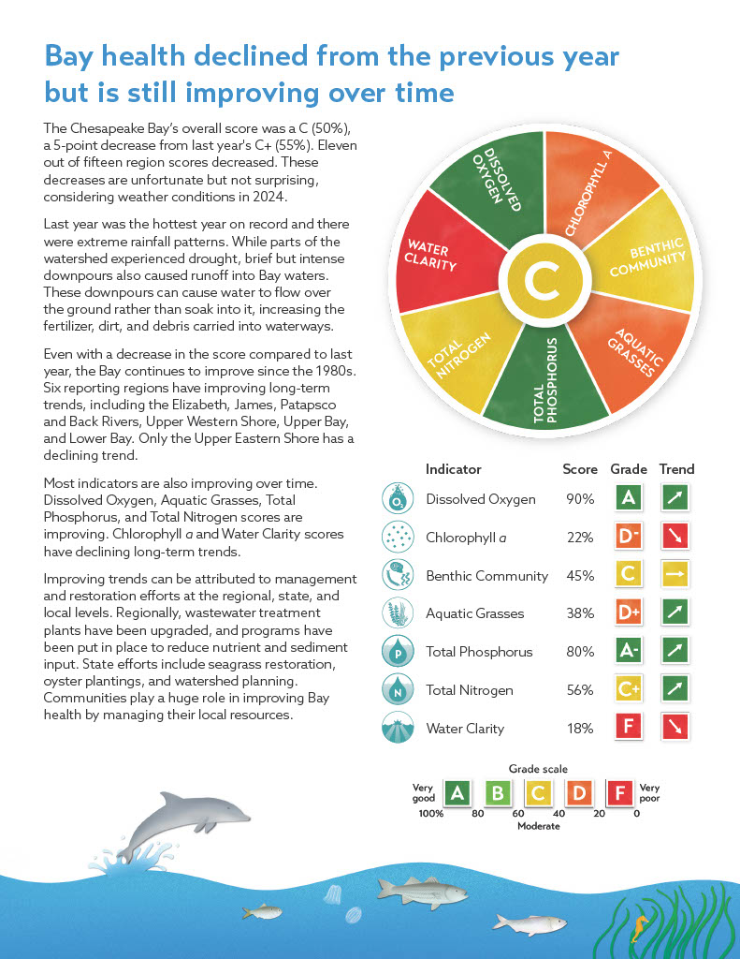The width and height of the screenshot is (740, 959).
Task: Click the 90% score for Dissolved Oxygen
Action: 580,499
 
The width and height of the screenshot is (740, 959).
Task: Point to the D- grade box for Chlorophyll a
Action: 628,538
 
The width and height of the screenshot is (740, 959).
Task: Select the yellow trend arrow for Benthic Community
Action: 677,575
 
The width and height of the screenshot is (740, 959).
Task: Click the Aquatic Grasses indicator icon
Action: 398,613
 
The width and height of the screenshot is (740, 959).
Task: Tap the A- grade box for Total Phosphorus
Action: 628,652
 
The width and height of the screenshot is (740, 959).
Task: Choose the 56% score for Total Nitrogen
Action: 580,690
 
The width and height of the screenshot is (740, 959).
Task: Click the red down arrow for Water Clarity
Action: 677,728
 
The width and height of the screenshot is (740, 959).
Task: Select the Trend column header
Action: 676,468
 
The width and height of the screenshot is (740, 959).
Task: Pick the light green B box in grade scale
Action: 499,794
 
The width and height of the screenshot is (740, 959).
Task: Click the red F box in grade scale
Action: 619,794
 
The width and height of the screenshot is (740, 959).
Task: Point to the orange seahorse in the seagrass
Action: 639,928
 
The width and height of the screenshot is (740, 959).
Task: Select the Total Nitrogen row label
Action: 469,690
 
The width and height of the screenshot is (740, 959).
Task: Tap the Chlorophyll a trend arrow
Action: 677,538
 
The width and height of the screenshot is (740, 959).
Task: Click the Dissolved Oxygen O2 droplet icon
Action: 398,499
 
